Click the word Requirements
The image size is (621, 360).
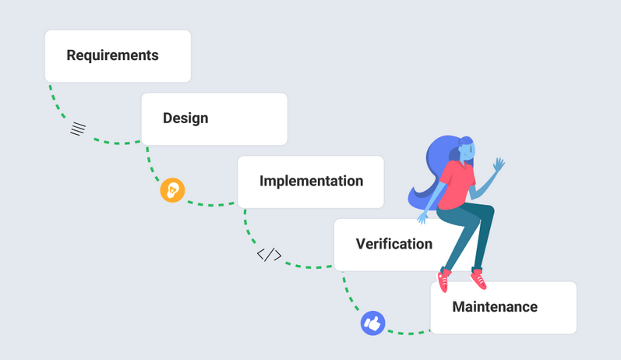[112, 56]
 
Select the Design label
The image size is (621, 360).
[185, 118]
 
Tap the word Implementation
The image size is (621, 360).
[311, 182]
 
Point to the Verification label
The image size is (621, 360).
[393, 244]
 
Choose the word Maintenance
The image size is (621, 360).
[495, 307]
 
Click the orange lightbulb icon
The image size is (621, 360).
[172, 190]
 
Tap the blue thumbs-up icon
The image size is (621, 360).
[372, 323]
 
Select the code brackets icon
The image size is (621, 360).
[270, 254]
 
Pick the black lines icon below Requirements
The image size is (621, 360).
[77, 129]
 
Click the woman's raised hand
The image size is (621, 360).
[499, 164]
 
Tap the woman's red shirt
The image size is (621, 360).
[457, 185]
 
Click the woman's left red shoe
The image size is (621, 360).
[443, 280]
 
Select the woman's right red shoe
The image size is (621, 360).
[478, 277]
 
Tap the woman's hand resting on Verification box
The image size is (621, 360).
[423, 217]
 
